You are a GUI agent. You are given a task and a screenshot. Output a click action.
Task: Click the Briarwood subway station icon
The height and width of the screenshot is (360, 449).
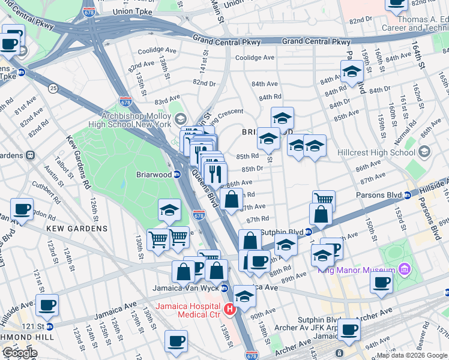(x=178, y=175)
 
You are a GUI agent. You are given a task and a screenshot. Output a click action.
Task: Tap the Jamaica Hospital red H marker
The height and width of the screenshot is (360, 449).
(x=229, y=310)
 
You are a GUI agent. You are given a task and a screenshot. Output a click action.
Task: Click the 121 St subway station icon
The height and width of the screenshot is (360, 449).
(x=49, y=326)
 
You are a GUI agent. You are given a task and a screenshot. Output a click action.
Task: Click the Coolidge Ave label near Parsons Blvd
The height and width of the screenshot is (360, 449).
(x=255, y=58)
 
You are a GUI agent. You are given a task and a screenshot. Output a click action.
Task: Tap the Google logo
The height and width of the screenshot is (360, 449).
(x=19, y=353)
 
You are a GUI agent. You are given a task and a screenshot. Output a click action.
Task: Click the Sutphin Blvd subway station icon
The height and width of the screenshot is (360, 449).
(x=309, y=232)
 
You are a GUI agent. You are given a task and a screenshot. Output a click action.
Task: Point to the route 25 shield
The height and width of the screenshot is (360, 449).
(x=53, y=89)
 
